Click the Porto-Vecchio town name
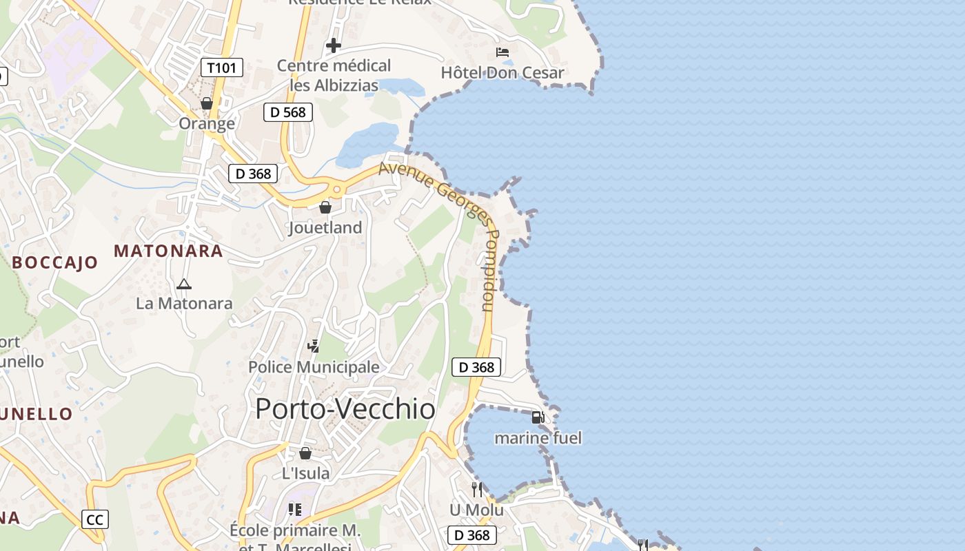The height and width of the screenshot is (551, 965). [345, 409]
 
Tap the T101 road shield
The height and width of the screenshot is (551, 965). [222, 67]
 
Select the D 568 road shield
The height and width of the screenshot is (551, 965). [288, 112]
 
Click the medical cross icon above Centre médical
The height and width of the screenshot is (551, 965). [334, 45]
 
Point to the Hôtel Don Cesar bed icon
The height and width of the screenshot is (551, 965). [502, 52]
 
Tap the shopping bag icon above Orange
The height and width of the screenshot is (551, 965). [206, 103]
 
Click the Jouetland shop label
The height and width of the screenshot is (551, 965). [325, 227]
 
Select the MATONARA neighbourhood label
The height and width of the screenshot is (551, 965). [168, 251]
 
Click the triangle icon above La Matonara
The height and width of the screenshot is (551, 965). [183, 284]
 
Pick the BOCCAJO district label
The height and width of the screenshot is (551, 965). [55, 262]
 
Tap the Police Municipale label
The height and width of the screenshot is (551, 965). [314, 367]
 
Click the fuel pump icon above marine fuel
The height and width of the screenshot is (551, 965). [538, 417]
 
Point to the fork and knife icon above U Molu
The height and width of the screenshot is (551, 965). [476, 490]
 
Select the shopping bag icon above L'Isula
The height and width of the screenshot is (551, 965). [305, 453]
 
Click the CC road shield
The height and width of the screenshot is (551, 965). [94, 519]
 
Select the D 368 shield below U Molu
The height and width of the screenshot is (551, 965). [472, 535]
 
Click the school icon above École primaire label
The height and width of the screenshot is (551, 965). [295, 510]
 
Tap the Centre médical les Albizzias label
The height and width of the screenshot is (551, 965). [334, 75]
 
